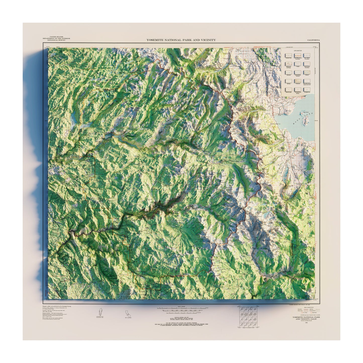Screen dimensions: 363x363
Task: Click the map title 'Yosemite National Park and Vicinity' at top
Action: coord(181,40)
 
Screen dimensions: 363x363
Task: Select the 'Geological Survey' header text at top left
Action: coord(56,40)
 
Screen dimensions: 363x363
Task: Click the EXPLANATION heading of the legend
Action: coord(298,50)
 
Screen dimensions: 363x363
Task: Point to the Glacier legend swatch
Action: coord(306,72)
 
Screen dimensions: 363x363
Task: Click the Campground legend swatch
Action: coord(306,89)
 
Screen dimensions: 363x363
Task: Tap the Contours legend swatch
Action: coord(298,81)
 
